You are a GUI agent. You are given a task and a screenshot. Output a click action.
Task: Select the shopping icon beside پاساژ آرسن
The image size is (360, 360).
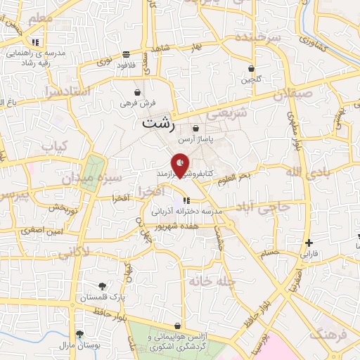(195, 128)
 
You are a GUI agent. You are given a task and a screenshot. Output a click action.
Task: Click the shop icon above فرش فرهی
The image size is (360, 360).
(137, 92)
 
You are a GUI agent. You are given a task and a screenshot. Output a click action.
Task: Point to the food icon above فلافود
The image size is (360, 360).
(125, 53)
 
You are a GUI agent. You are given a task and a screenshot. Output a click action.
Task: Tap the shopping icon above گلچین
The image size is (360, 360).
(251, 69)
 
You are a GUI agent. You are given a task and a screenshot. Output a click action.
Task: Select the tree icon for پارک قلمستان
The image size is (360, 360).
(103, 285)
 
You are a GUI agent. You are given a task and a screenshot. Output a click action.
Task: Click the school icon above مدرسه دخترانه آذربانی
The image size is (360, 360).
(186, 202)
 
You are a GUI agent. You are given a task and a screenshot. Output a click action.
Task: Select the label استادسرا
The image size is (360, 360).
(67, 91)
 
